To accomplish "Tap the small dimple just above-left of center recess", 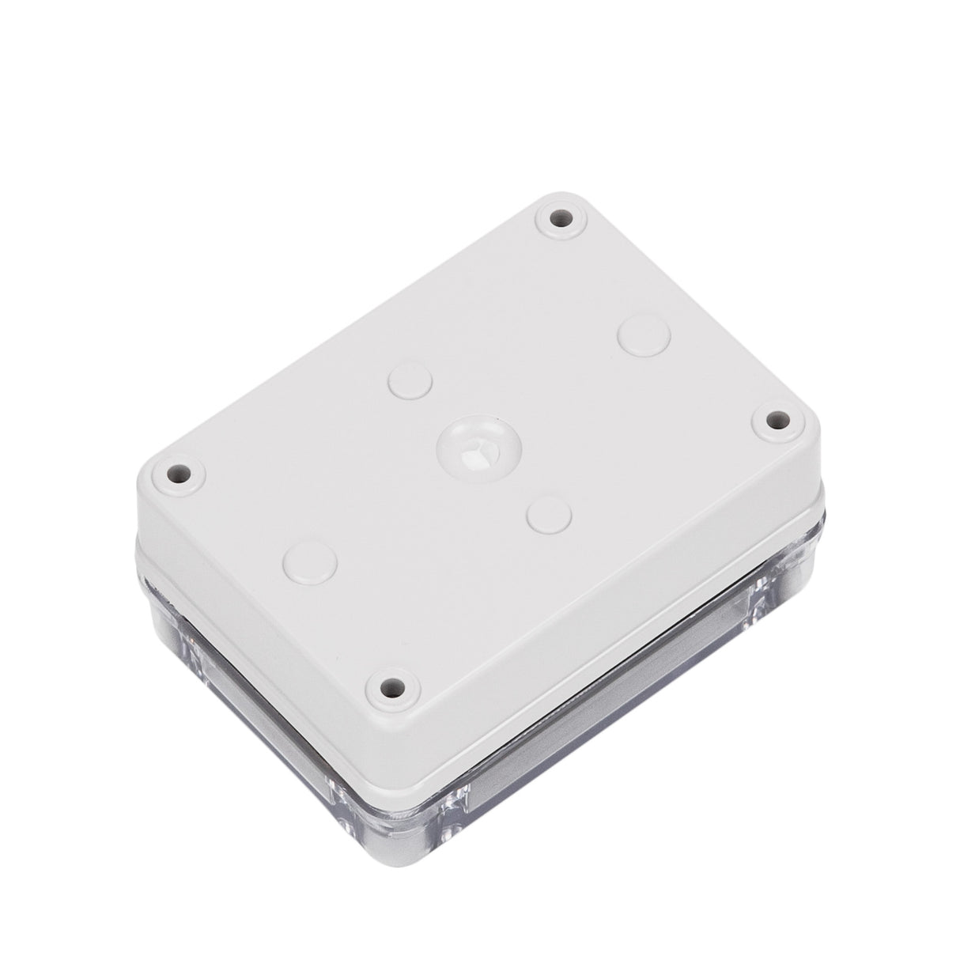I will pos(411,379).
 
